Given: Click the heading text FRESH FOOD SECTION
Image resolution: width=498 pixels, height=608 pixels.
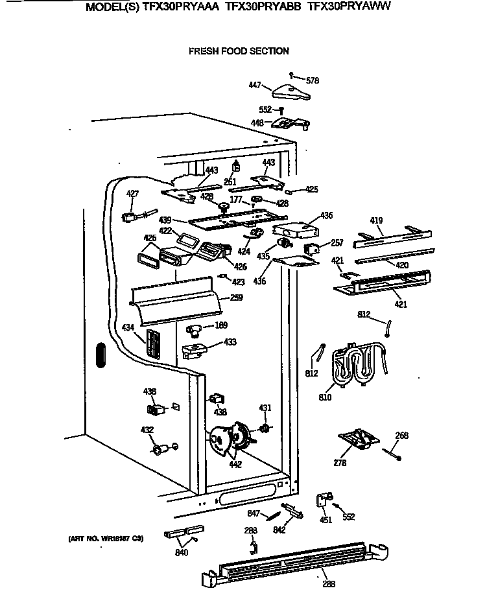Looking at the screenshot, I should click(x=239, y=51).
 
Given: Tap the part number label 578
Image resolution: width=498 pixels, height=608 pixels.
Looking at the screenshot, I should click(x=313, y=81).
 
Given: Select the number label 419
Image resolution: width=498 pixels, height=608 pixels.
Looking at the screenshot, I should click(x=377, y=222).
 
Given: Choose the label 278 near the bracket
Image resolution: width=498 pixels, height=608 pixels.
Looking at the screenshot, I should click(x=340, y=463).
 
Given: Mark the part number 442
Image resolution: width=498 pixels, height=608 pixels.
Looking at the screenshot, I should click(x=235, y=464).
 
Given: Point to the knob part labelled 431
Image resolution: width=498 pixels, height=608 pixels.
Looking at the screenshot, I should click(x=264, y=429).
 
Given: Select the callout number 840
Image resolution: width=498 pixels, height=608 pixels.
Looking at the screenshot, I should click(x=182, y=552).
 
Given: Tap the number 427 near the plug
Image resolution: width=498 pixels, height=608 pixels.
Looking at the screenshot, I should click(x=132, y=194).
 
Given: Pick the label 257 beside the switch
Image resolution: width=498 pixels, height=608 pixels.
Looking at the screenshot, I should click(x=337, y=243).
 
